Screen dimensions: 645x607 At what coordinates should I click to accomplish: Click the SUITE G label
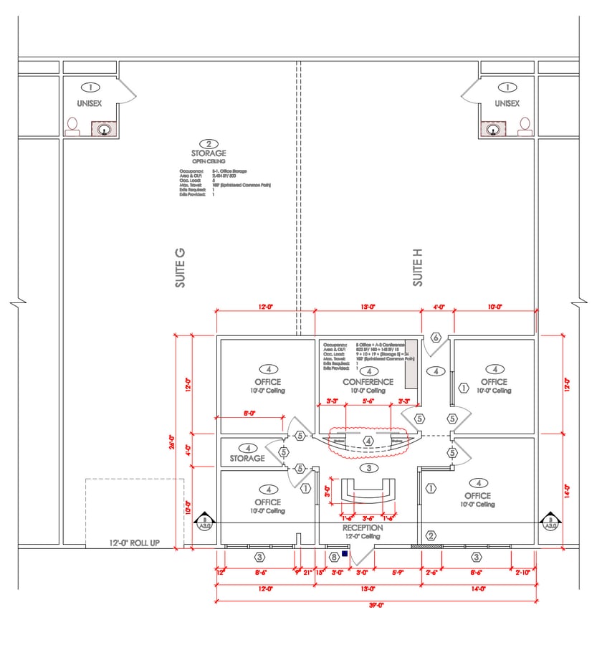pos(180,269)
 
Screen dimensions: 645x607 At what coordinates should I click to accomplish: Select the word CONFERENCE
pos(368,382)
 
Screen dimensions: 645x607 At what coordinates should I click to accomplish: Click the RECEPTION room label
pos(362,527)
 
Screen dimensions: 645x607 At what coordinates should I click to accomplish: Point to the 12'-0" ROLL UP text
pos(134,543)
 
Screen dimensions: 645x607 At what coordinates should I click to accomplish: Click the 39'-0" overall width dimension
pos(373,606)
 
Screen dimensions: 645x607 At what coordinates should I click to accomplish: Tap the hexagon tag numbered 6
pos(435,338)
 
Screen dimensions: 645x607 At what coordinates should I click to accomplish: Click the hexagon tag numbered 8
pos(333,556)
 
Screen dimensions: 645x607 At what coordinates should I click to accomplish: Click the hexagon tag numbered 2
pos(431,535)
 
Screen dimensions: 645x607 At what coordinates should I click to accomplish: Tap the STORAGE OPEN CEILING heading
pos(209,153)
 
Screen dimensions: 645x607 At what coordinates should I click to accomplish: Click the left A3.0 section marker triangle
pos(205,522)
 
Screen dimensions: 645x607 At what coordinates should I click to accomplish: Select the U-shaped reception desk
pos(368,492)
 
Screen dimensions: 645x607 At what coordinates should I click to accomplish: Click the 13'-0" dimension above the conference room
pos(368,307)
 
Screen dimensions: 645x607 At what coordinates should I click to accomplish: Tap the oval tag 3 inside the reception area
pos(368,468)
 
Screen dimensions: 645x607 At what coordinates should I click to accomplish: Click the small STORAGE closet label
pos(247,459)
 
